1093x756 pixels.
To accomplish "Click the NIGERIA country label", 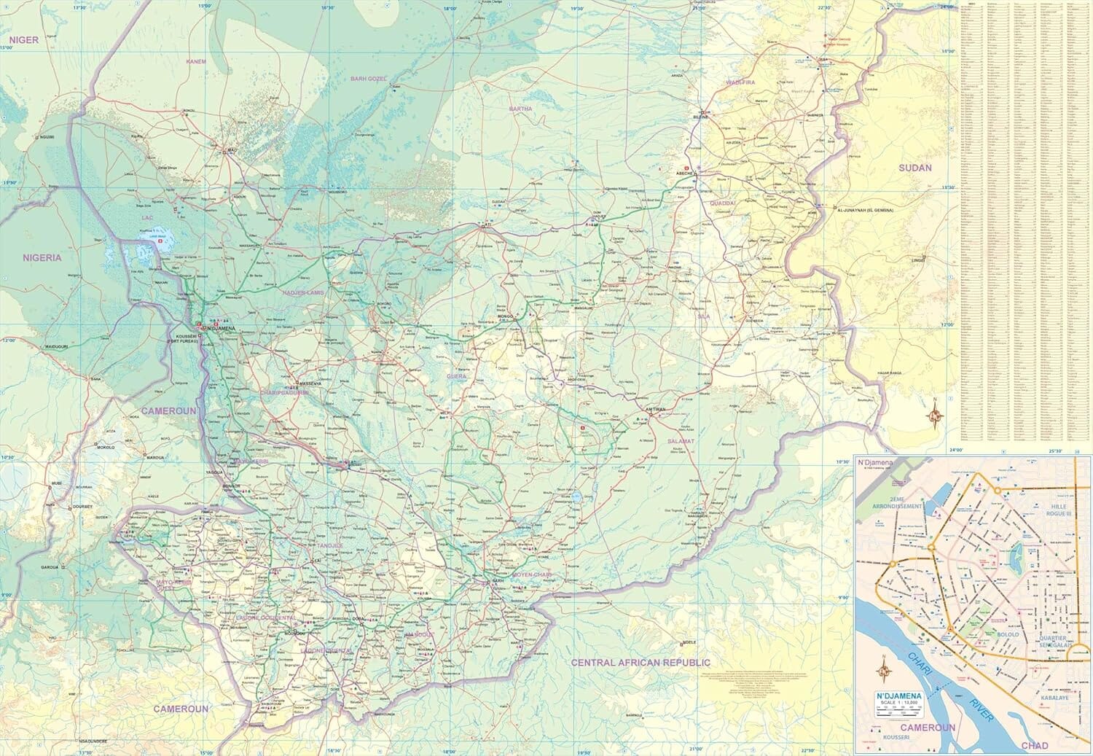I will tap(42, 257).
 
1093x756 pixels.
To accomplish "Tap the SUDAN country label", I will tap(914, 168).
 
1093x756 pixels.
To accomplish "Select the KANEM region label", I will tap(196, 62).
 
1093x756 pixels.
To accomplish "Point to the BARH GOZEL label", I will tap(368, 78).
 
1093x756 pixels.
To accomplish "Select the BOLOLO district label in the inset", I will tap(1008, 634).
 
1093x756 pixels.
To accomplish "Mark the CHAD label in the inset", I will tap(1034, 745).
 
